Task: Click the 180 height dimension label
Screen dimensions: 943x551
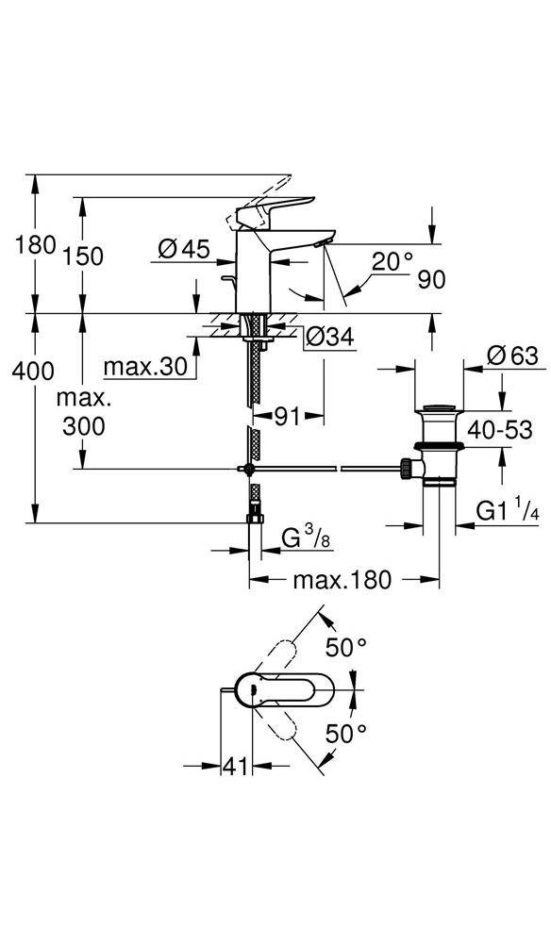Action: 36,245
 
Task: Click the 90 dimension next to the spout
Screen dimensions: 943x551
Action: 428,279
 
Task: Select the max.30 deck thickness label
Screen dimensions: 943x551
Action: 145,366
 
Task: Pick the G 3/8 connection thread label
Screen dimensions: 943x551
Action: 306,539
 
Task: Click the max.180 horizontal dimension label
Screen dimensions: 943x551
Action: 341,580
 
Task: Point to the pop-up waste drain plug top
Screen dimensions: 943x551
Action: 436,409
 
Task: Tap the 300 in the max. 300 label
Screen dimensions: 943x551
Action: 84,426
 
